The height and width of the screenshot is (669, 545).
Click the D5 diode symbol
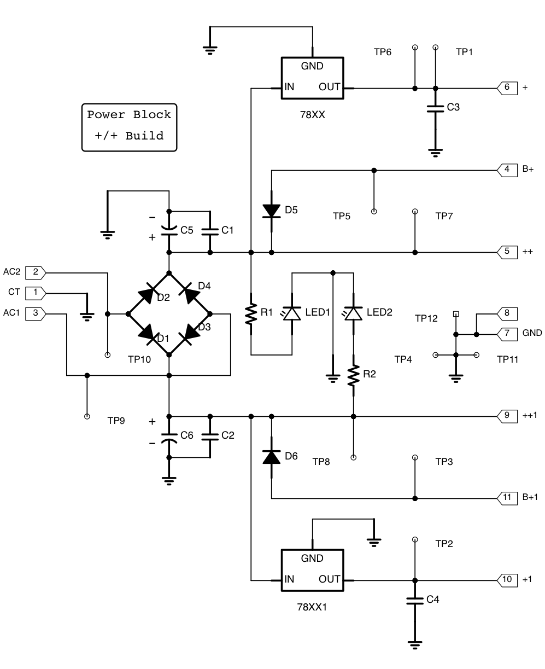point(271,211)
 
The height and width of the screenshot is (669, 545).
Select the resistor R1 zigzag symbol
point(251,314)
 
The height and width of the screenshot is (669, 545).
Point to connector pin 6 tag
point(507,88)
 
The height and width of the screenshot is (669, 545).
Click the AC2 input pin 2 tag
point(36,272)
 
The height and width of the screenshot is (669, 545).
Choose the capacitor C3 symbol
point(435,109)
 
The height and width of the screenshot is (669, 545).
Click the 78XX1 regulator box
point(312,570)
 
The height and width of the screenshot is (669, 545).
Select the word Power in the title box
point(106,114)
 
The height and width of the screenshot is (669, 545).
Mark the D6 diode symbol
point(271,457)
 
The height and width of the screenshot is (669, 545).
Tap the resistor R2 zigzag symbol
point(353,375)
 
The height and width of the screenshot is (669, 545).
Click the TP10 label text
point(139,359)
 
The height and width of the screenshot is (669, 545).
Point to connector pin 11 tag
point(507,498)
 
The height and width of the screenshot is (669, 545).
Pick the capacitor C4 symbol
point(415,601)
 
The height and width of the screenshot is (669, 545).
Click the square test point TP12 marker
point(455,314)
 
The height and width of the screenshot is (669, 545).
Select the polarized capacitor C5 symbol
point(169,231)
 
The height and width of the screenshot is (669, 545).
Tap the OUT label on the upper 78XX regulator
point(329,86)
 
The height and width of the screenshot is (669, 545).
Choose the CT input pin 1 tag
point(36,293)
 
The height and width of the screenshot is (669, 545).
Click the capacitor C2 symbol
point(210,437)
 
